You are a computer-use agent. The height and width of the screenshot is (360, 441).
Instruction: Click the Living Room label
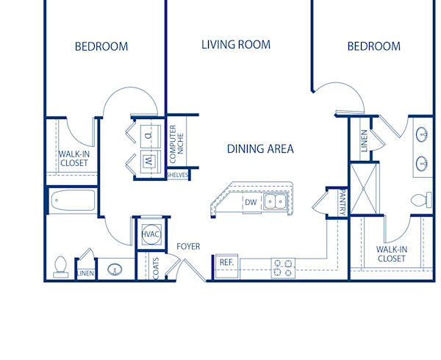236,45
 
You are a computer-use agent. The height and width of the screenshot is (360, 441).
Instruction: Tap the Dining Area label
260,149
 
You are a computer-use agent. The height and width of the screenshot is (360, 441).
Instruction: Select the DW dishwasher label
251,201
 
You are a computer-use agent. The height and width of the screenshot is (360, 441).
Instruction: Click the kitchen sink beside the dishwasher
276,201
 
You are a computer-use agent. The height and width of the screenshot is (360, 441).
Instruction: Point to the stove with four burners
282,267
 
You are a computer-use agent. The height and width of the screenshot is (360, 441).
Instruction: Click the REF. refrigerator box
226,262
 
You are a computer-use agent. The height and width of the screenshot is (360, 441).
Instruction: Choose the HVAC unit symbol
151,234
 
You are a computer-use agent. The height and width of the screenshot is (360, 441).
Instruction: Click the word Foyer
188,247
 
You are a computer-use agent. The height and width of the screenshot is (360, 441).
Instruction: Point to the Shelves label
178,175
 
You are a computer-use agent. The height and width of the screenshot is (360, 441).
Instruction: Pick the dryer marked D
148,135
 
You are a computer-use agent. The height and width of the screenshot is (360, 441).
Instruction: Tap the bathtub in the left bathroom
72,201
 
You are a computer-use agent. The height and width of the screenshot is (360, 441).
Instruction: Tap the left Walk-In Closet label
73,158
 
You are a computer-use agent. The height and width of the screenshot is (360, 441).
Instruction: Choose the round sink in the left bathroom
115,270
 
